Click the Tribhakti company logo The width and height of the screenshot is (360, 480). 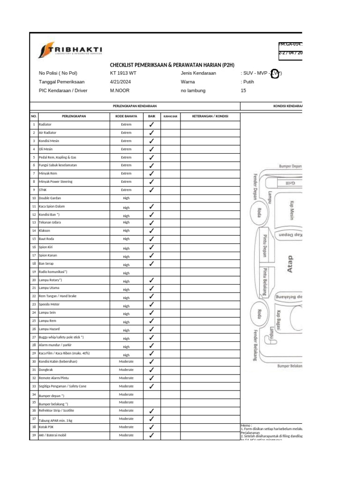tap(70, 50)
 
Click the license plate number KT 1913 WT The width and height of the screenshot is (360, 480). tap(120, 74)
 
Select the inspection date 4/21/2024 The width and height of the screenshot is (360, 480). tap(114, 82)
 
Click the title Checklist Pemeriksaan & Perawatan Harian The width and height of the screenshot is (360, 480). tap(172, 65)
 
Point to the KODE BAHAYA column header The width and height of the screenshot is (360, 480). tap(126, 116)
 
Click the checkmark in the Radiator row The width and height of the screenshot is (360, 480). tap(151, 125)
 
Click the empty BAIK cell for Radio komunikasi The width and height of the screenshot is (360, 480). tap(151, 272)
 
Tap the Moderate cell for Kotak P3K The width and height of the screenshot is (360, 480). tap(126, 427)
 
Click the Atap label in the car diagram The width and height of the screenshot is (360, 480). tap(290, 263)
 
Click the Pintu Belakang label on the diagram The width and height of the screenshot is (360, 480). tap(265, 281)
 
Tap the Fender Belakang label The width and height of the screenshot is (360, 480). tap(255, 345)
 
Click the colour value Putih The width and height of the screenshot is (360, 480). tap(247, 82)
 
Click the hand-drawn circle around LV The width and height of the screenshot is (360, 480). tap(276, 74)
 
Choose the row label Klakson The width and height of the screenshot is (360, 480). tap(45, 231)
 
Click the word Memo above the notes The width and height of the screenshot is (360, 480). tap(246, 425)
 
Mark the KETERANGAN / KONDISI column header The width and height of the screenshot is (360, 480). tap(210, 116)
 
